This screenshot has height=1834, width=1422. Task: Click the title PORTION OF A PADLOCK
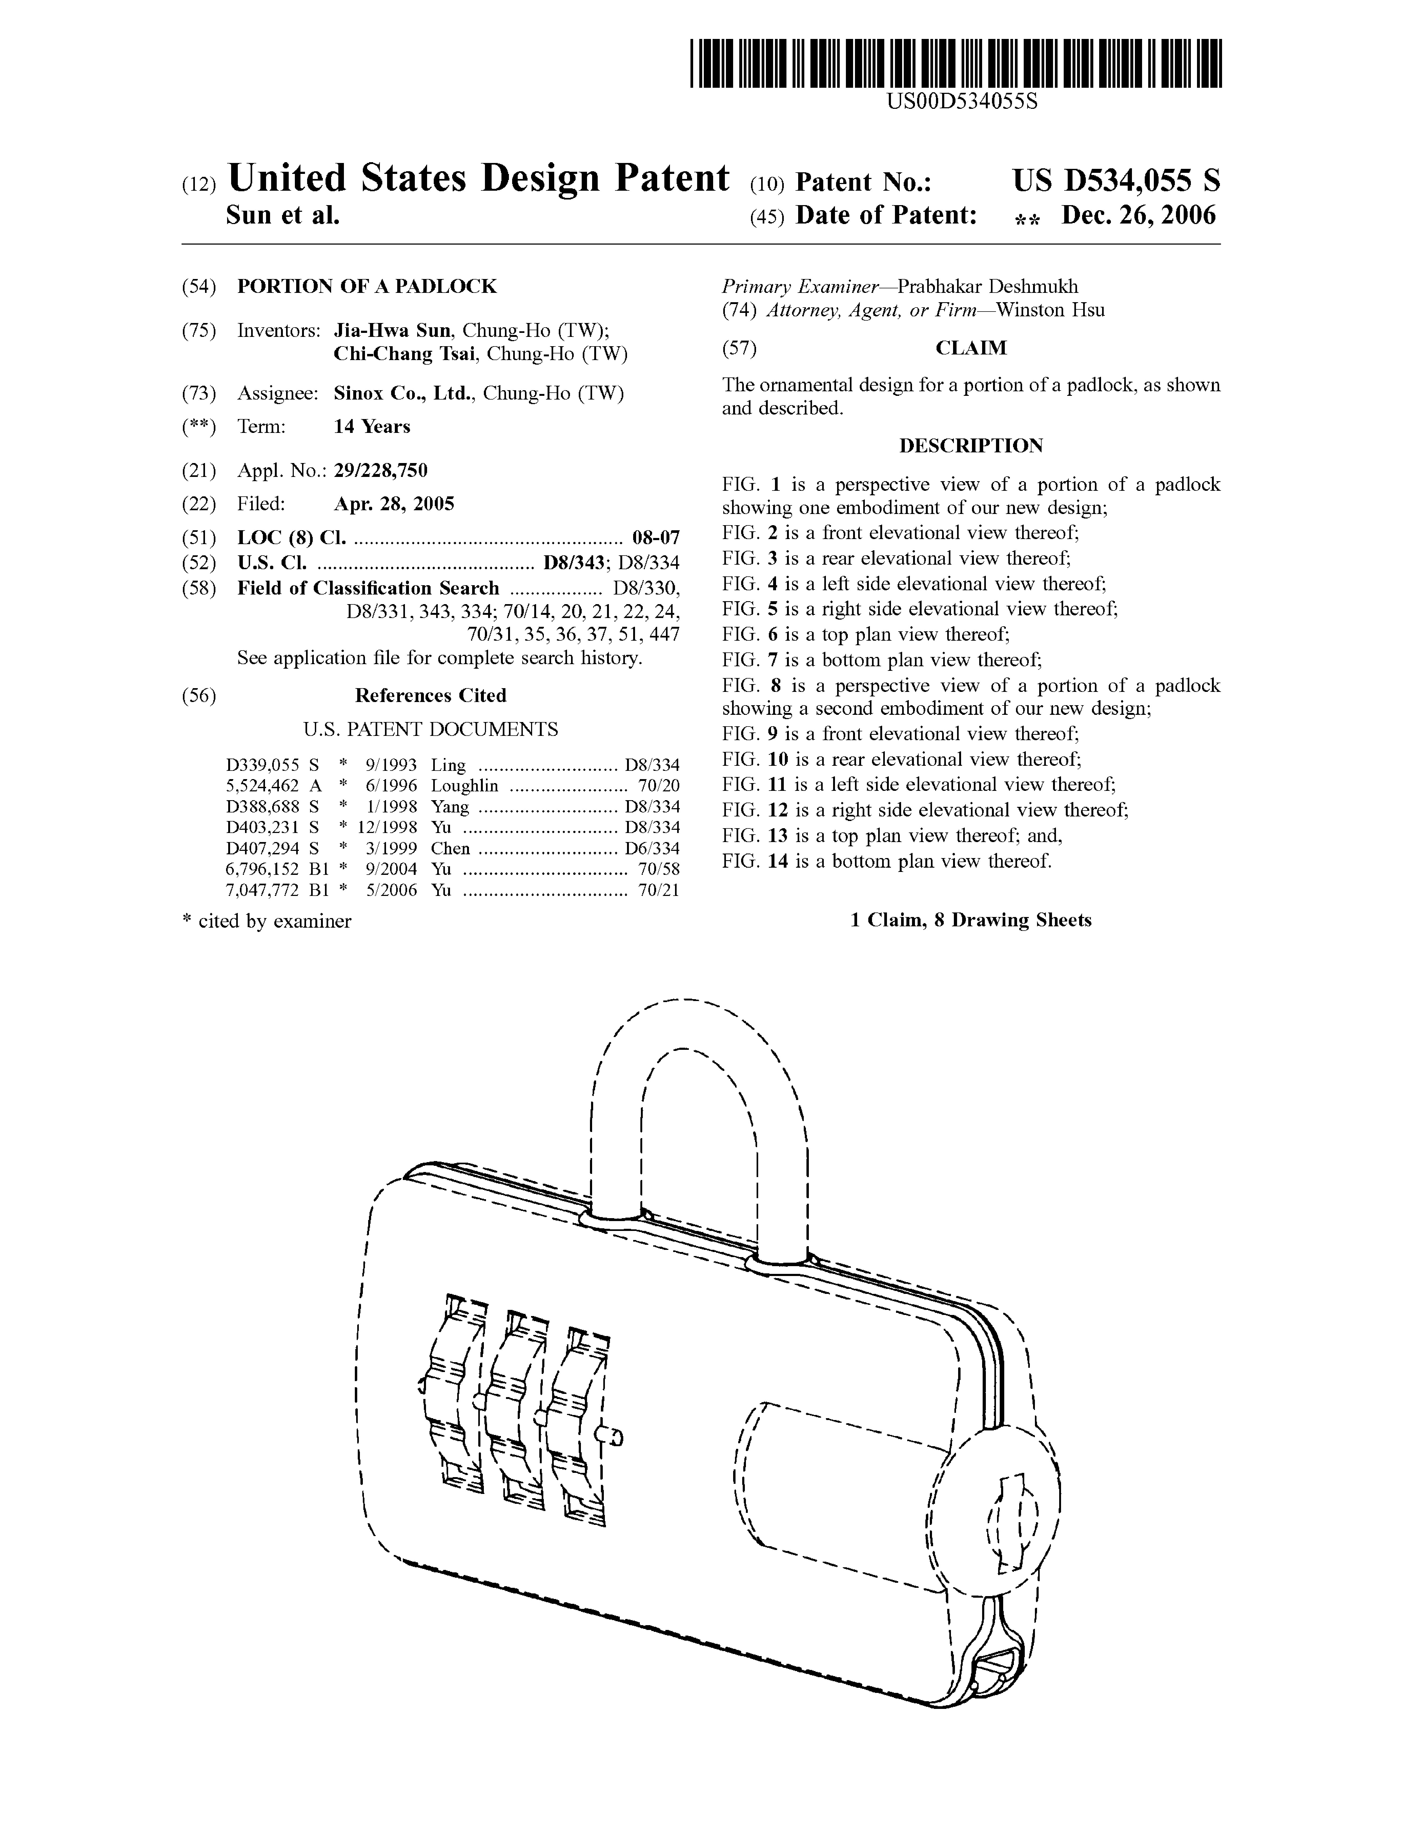coord(367,286)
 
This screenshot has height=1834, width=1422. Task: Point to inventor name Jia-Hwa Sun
coord(392,330)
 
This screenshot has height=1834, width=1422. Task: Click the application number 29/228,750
coord(380,470)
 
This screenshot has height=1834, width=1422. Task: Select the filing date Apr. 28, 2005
coord(394,504)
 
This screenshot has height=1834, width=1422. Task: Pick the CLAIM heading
coord(971,348)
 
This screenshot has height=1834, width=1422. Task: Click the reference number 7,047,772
coord(262,890)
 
